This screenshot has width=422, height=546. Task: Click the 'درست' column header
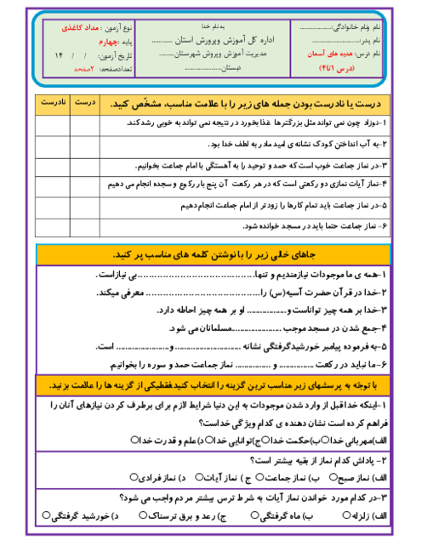(85, 103)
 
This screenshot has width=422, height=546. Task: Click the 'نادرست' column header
(52, 103)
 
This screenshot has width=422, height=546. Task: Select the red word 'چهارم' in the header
(100, 40)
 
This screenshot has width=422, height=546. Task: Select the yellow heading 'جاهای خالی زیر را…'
(213, 255)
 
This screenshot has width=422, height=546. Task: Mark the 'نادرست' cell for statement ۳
(52, 163)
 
